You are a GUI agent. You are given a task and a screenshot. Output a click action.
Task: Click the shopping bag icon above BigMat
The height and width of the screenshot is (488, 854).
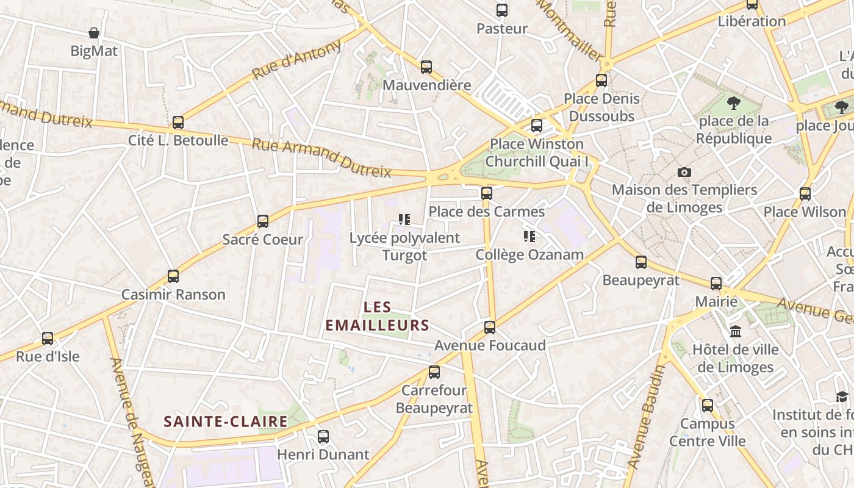(94, 33)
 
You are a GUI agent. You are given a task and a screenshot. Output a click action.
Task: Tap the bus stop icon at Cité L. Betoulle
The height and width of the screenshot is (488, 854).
(178, 123)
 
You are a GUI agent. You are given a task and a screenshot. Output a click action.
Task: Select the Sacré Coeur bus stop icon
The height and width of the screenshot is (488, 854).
(263, 221)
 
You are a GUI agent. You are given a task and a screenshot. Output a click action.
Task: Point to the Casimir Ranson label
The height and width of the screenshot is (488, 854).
(173, 295)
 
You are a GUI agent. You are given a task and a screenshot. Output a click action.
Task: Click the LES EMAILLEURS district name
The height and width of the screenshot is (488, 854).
(377, 316)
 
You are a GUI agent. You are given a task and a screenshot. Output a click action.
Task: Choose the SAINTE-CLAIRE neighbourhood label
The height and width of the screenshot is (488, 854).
(226, 422)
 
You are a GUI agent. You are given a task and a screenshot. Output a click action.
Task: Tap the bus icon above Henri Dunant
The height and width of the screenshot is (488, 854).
(323, 437)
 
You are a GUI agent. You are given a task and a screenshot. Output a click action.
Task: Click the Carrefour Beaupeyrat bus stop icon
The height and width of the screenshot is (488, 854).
(434, 371)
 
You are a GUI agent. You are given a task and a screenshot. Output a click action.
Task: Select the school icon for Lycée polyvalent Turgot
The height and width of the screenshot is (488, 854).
(404, 220)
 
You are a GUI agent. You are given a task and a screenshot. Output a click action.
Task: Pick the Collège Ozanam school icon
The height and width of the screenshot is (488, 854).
(529, 237)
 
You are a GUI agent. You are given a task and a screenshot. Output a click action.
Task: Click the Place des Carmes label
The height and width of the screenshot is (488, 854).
(486, 212)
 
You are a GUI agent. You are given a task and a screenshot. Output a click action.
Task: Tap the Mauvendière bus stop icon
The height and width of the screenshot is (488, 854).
(426, 67)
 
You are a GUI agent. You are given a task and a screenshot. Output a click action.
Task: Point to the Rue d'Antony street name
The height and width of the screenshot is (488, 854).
(296, 60)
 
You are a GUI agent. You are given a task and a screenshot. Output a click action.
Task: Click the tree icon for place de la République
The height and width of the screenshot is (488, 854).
(734, 103)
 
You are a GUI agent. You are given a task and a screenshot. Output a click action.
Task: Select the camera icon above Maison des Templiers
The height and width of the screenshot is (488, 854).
(684, 173)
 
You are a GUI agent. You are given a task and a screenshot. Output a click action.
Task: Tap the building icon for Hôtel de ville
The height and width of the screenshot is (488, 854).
(736, 332)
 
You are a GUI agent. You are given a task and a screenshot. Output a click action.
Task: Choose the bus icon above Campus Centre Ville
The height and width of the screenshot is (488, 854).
(707, 405)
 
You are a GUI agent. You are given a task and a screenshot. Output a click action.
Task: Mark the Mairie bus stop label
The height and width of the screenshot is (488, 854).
(716, 302)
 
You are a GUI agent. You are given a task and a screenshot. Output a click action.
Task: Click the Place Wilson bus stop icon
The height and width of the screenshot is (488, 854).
(805, 194)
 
